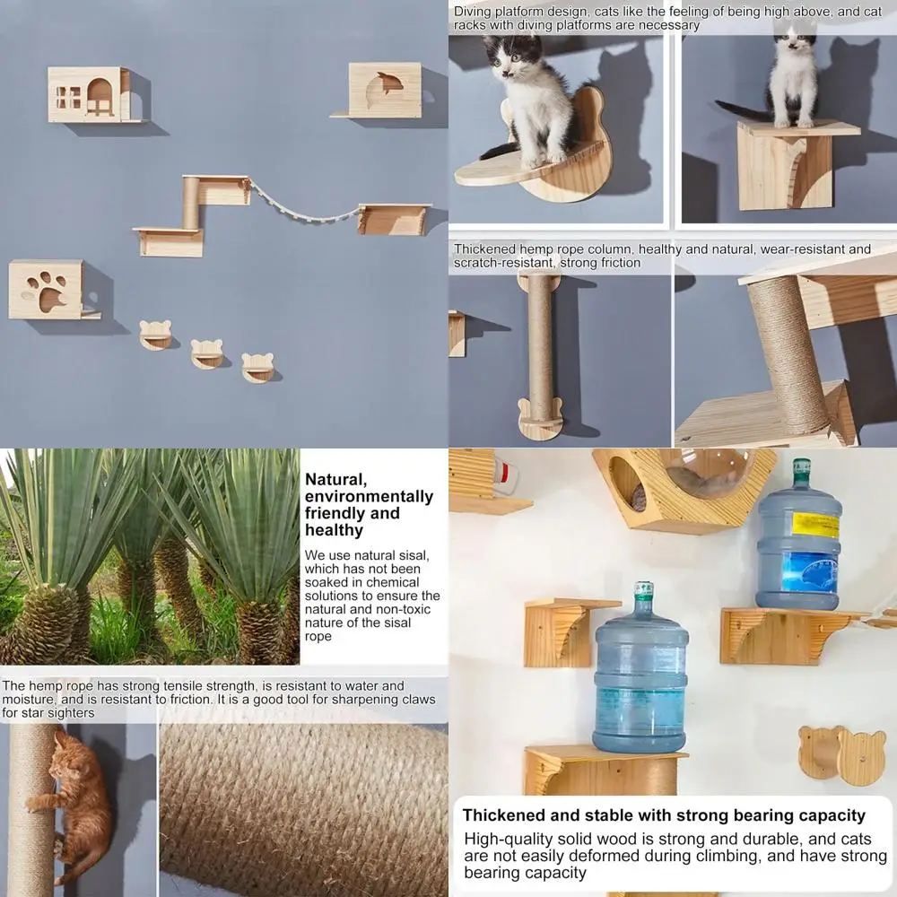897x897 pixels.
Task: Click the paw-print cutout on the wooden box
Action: pyautogui.click(x=47, y=291)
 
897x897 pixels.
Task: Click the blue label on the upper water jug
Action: pyautogui.click(x=809, y=571)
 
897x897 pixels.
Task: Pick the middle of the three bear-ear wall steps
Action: pyautogui.click(x=207, y=353)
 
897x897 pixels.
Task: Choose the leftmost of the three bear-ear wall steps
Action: pyautogui.click(x=155, y=335)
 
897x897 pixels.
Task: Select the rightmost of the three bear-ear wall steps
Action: pyautogui.click(x=258, y=368)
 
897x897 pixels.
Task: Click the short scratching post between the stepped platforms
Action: pyautogui.click(x=191, y=203)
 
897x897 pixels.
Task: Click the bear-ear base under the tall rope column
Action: pyautogui.click(x=540, y=421)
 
